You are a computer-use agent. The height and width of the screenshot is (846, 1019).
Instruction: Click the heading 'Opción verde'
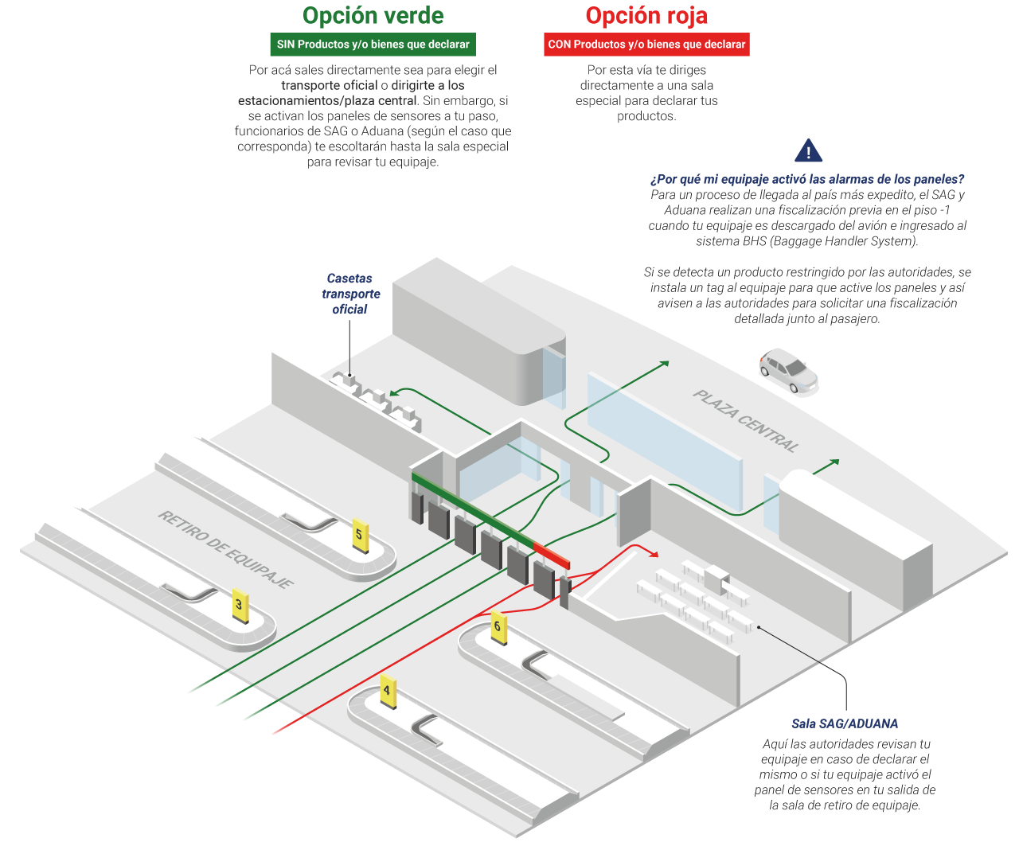click(x=373, y=16)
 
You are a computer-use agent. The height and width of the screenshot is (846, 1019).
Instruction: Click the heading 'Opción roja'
click(x=646, y=16)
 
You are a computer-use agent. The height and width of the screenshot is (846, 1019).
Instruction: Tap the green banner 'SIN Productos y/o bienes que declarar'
click(x=373, y=45)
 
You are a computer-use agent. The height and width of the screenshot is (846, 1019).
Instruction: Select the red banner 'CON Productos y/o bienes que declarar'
click(x=646, y=45)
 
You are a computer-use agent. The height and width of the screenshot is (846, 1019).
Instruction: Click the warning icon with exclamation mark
click(x=809, y=151)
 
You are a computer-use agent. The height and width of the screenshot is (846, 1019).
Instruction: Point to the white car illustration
click(x=788, y=369)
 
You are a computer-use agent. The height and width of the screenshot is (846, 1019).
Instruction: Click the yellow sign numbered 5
click(x=359, y=534)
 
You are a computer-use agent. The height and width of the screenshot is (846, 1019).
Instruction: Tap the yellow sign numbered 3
click(x=239, y=605)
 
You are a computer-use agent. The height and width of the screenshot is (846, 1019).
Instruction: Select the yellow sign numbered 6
click(x=498, y=626)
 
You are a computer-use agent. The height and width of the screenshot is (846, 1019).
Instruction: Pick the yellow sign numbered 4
click(x=387, y=691)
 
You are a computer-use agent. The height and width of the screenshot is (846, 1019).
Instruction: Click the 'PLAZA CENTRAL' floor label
click(x=745, y=421)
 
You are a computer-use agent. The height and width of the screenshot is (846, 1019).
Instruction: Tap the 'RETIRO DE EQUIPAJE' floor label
click(x=225, y=550)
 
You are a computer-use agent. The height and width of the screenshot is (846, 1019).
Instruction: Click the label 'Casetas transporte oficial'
click(x=350, y=294)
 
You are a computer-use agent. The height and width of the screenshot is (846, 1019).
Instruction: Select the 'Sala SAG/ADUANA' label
click(x=845, y=724)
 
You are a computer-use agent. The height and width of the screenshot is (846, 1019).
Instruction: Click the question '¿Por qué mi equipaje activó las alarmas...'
click(x=809, y=180)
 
